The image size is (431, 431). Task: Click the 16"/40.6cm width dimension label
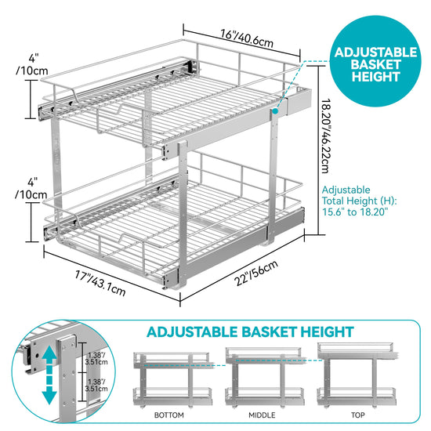click(x=247, y=38)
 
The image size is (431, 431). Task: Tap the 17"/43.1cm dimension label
click(x=100, y=283)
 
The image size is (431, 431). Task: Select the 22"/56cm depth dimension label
click(x=256, y=273)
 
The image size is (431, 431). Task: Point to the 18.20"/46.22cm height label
click(x=326, y=136)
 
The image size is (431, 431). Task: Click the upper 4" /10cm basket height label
click(x=32, y=65)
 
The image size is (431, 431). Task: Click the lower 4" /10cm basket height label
click(x=31, y=189)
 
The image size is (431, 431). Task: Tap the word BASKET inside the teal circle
click(x=375, y=64)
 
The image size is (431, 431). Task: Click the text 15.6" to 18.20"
click(x=355, y=212)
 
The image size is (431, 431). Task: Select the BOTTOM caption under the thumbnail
click(x=169, y=415)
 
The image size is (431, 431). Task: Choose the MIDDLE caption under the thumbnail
click(x=262, y=415)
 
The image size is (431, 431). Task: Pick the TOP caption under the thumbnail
click(x=357, y=415)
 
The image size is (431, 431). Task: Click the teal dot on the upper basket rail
click(x=275, y=111)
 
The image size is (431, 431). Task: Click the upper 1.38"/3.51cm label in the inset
click(x=96, y=358)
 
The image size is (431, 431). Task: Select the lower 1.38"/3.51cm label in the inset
click(x=96, y=385)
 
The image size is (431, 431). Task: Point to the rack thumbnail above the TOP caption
click(x=357, y=375)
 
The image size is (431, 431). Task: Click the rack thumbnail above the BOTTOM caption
click(x=172, y=379)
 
